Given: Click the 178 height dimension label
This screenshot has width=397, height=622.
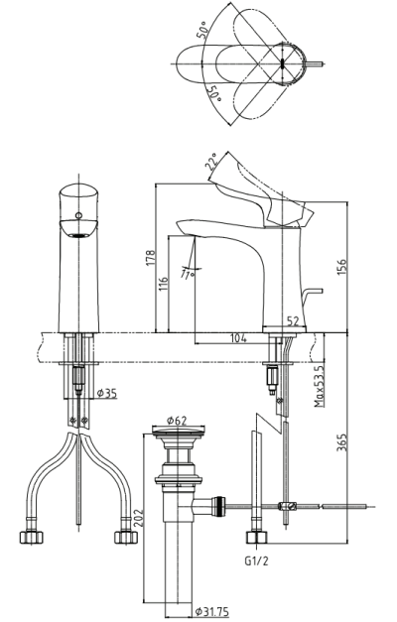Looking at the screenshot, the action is (150, 258).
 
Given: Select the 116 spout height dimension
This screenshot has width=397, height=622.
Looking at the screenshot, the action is (163, 285).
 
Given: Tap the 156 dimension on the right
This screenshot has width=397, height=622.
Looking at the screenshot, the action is (341, 268).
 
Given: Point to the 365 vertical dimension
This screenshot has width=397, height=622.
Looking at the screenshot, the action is (341, 442).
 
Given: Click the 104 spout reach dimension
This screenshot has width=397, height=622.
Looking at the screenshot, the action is (238, 338).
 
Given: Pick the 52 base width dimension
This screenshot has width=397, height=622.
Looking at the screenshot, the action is (293, 321).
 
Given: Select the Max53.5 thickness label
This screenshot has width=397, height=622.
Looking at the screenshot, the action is (319, 386).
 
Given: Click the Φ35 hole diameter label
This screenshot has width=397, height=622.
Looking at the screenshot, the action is (107, 393).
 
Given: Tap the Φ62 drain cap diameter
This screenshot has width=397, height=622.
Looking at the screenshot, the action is (177, 421).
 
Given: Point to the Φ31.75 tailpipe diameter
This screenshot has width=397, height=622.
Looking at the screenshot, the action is (212, 612).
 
